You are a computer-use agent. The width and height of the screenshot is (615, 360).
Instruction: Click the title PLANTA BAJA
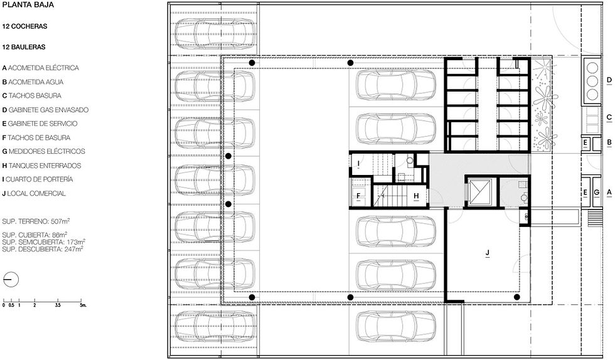[x=28, y=5]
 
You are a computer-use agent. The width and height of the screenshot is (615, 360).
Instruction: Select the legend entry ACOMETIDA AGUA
[x=33, y=82]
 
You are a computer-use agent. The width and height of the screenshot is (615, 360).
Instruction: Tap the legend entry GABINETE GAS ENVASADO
[x=45, y=110]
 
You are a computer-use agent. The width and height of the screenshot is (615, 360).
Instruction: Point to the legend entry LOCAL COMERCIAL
[x=34, y=193]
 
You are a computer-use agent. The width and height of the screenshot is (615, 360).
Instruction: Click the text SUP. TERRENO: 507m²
[x=36, y=221]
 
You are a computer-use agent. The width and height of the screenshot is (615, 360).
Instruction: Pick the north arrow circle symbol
[x=11, y=280]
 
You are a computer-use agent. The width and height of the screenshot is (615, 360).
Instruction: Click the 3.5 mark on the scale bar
[x=58, y=305]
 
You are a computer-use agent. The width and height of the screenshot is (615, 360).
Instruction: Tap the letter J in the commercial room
[x=488, y=253]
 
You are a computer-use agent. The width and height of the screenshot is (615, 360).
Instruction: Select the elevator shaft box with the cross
[x=481, y=192]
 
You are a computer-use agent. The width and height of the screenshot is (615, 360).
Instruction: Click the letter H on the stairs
[x=416, y=196]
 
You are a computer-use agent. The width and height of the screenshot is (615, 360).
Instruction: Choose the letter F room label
[x=358, y=196]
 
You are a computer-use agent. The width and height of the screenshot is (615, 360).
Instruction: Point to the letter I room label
[x=358, y=163]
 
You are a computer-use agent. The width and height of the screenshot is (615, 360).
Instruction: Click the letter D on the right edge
[x=609, y=80]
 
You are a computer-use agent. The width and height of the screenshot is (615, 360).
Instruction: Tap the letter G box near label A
[x=597, y=193]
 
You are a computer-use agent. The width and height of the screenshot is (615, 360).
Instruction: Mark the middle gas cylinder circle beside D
[x=592, y=81]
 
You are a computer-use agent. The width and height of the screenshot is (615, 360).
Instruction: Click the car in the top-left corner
[x=215, y=30]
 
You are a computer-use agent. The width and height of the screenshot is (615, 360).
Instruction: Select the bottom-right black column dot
[x=517, y=297]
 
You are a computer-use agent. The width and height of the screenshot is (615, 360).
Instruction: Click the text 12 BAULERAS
[x=24, y=47]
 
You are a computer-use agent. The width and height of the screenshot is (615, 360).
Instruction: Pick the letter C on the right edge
[x=609, y=117]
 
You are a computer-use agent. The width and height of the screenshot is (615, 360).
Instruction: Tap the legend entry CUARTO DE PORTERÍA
[x=38, y=179]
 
